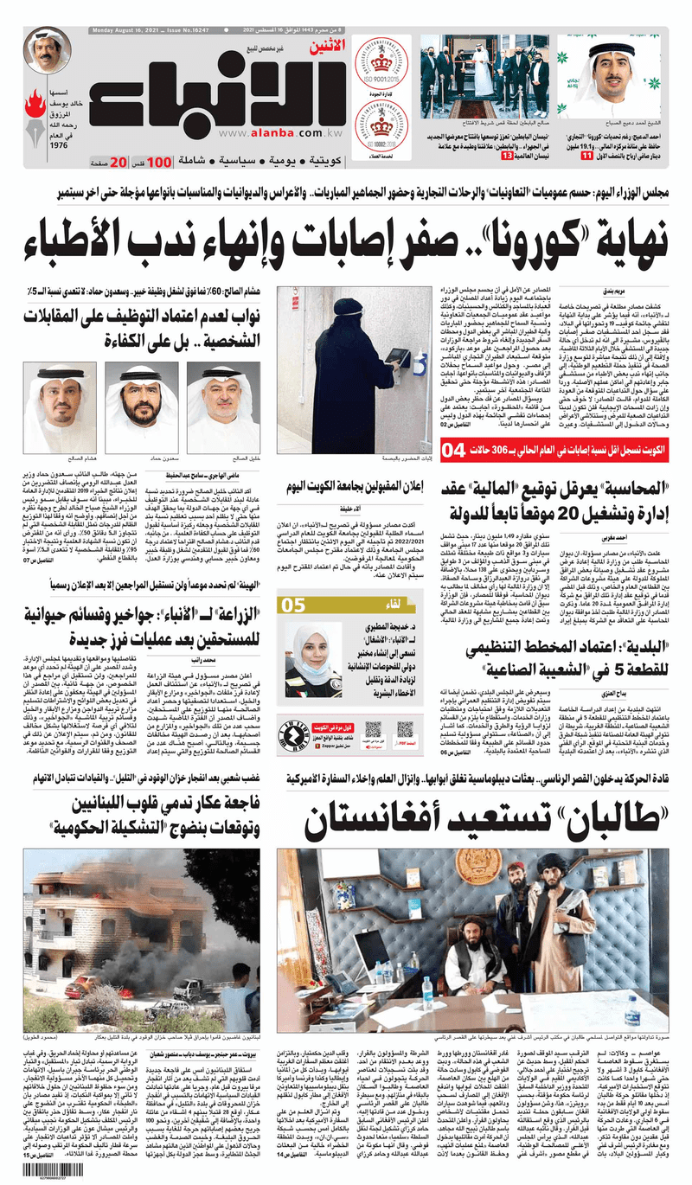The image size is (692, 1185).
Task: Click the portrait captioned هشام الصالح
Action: click(x=60, y=407)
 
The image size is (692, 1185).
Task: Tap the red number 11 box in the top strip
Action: click(x=563, y=156)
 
